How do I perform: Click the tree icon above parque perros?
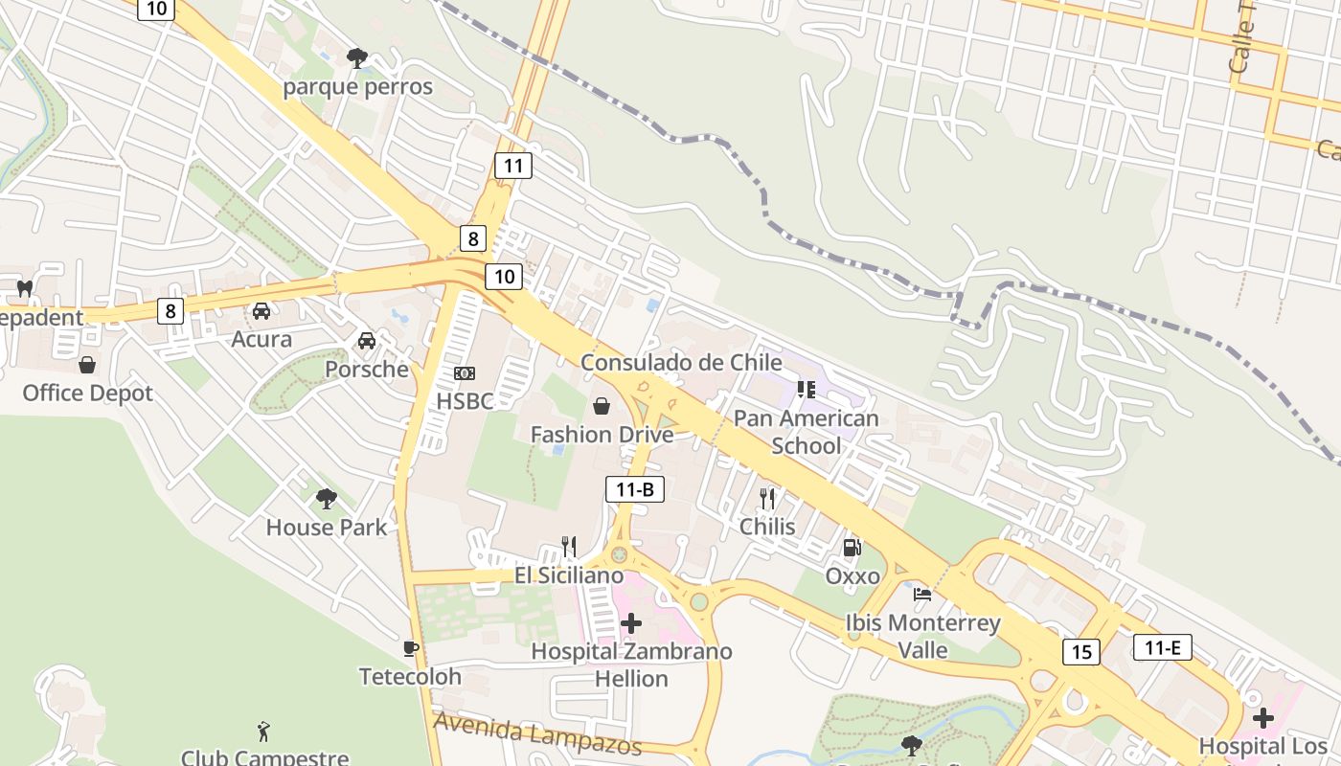pos(357,58)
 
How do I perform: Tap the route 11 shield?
pos(513,166)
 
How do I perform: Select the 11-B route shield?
pos(635,489)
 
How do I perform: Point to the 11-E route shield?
pos(1162,647)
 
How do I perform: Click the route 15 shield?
pos(1081,652)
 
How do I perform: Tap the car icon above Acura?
pos(261,310)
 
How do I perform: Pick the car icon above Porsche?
pos(366,341)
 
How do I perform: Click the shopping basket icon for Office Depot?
pos(87,365)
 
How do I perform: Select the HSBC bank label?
pos(465,400)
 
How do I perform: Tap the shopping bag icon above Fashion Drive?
pos(602,406)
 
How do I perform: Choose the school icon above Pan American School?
pos(806,390)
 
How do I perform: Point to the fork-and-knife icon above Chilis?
pos(767,498)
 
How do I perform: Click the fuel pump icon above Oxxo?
pos(852,548)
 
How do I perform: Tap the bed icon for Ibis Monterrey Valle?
pos(922,595)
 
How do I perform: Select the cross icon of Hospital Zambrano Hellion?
pos(631,623)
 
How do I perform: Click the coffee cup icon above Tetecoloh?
pos(411,648)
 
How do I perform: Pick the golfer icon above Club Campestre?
pos(264,732)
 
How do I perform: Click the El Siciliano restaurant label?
pos(569,575)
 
